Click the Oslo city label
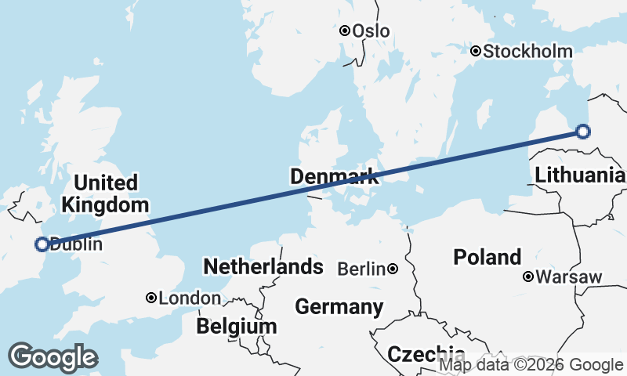point(371,31)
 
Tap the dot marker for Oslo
point(345,31)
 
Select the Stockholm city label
point(527,52)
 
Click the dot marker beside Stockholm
point(476,51)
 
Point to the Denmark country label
point(335,177)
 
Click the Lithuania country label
point(580,175)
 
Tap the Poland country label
point(487,257)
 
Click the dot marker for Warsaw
point(529,276)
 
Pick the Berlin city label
point(361,269)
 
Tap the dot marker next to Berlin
point(393,269)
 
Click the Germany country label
point(339,306)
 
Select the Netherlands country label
point(263,266)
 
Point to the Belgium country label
point(237,326)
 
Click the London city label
point(190,298)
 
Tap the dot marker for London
point(151,298)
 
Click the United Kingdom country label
point(106,194)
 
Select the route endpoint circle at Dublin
point(42,244)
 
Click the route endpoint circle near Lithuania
point(582,132)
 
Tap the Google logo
point(53,357)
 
